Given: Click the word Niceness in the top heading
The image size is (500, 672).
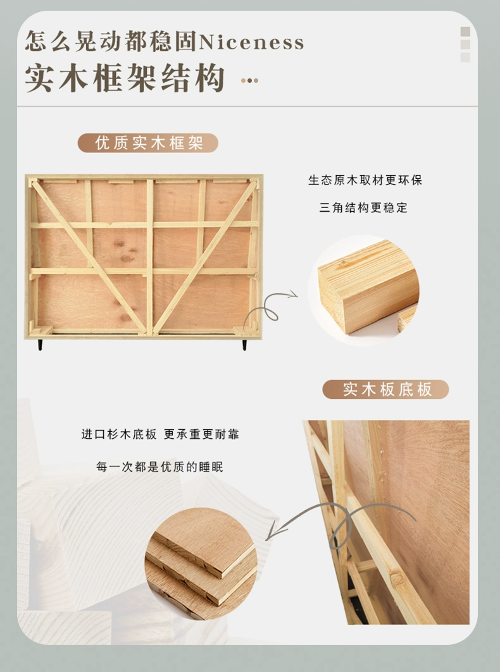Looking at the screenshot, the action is click(x=251, y=42).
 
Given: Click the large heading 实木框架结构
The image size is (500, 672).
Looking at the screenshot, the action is click(x=125, y=78).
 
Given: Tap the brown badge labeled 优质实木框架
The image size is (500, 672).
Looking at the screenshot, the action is click(x=148, y=143).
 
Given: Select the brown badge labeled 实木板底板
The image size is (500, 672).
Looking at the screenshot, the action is click(x=385, y=389).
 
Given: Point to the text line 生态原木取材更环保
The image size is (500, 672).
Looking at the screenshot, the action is click(x=365, y=180).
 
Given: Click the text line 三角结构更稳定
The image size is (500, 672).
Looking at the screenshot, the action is click(x=363, y=208).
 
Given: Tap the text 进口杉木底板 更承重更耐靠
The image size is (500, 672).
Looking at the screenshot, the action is click(x=160, y=434).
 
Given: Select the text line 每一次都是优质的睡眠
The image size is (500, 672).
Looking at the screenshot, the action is click(x=159, y=467).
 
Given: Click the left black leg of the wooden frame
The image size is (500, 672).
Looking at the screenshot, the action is click(x=40, y=345).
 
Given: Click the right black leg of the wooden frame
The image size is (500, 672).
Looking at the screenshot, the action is click(x=244, y=345).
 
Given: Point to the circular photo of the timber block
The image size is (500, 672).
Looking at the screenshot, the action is click(x=363, y=290).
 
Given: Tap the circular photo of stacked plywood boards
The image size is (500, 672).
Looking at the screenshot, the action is click(x=201, y=563).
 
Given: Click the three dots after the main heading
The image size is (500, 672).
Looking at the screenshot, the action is click(x=249, y=80).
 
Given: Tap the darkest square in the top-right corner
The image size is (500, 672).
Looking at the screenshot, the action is click(x=465, y=31).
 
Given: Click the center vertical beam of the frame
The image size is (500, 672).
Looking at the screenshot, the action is click(x=149, y=257).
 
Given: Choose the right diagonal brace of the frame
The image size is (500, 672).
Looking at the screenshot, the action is click(x=204, y=256).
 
